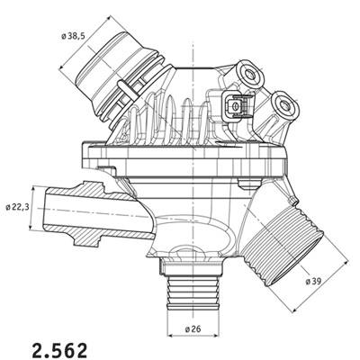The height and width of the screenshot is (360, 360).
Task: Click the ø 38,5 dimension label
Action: click(73, 36)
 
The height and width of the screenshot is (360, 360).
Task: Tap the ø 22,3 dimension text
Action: click(18, 207)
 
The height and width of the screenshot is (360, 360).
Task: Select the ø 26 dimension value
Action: click(193, 329)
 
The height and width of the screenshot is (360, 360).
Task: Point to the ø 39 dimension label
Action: click(313, 281)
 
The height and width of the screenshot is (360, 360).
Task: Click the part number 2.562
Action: click(59, 350)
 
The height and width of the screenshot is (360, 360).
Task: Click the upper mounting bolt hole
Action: click(249, 74)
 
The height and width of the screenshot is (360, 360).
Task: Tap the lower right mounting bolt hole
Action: click(283, 104)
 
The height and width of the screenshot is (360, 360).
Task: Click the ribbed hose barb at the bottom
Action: click(193, 293)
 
